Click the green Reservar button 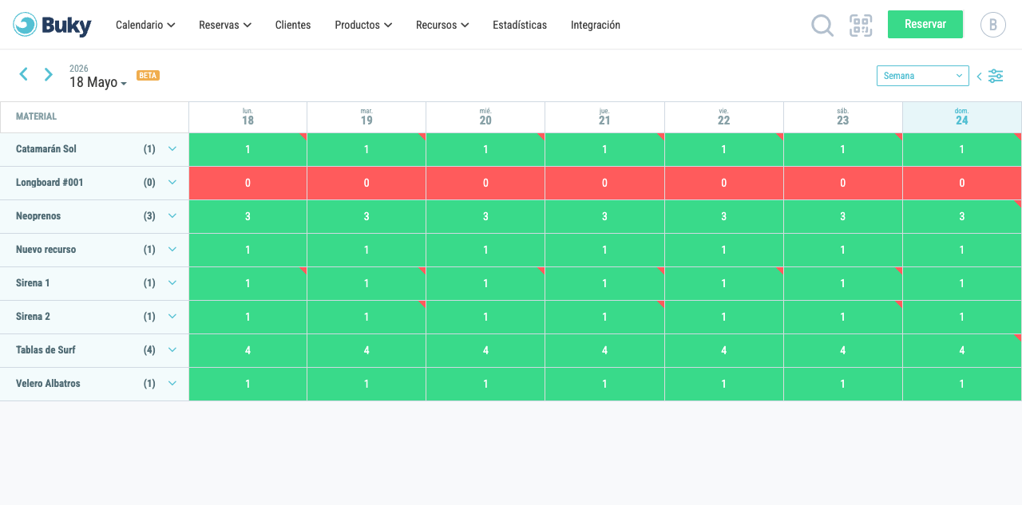(925, 24)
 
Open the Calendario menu (145, 25)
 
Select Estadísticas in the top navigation (519, 25)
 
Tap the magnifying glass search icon (822, 25)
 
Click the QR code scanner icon (861, 25)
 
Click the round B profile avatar (992, 25)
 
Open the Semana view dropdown (922, 76)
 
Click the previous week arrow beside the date (24, 74)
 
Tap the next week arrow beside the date (49, 74)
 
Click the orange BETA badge (148, 75)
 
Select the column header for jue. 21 (604, 117)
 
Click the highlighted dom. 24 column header (962, 117)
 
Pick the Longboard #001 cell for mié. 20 (485, 183)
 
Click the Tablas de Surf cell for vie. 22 (723, 350)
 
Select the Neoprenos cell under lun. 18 (248, 216)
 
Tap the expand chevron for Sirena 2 (172, 316)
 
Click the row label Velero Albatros (48, 383)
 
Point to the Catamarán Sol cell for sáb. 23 (842, 149)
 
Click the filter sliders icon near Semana (996, 76)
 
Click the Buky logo (52, 25)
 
